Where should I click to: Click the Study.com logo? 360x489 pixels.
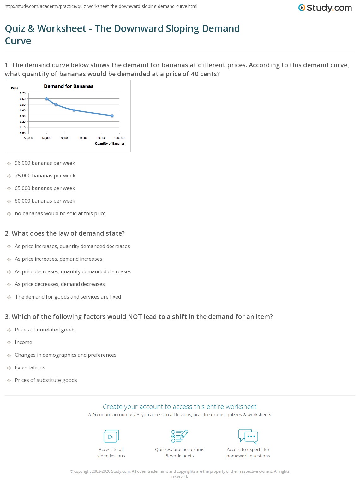325,8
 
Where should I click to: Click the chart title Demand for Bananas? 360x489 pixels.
69,86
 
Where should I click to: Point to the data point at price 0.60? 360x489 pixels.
47,99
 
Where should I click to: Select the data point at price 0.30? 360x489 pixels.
112,116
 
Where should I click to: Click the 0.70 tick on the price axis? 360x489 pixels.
23,93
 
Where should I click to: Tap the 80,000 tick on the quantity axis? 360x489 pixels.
83,138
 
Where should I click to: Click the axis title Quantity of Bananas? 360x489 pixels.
110,144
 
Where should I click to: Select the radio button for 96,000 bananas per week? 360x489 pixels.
9,163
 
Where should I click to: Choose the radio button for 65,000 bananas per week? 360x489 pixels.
9,188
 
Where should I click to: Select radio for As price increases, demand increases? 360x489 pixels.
9,259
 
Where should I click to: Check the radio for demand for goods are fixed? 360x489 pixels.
9,297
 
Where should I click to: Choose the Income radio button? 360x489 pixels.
9,343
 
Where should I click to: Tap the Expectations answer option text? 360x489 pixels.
30,367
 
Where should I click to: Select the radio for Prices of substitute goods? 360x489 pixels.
9,380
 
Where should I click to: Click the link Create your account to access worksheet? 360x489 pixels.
179,407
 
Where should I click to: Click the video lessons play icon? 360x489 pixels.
111,436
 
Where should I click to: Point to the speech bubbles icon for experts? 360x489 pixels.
248,436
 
